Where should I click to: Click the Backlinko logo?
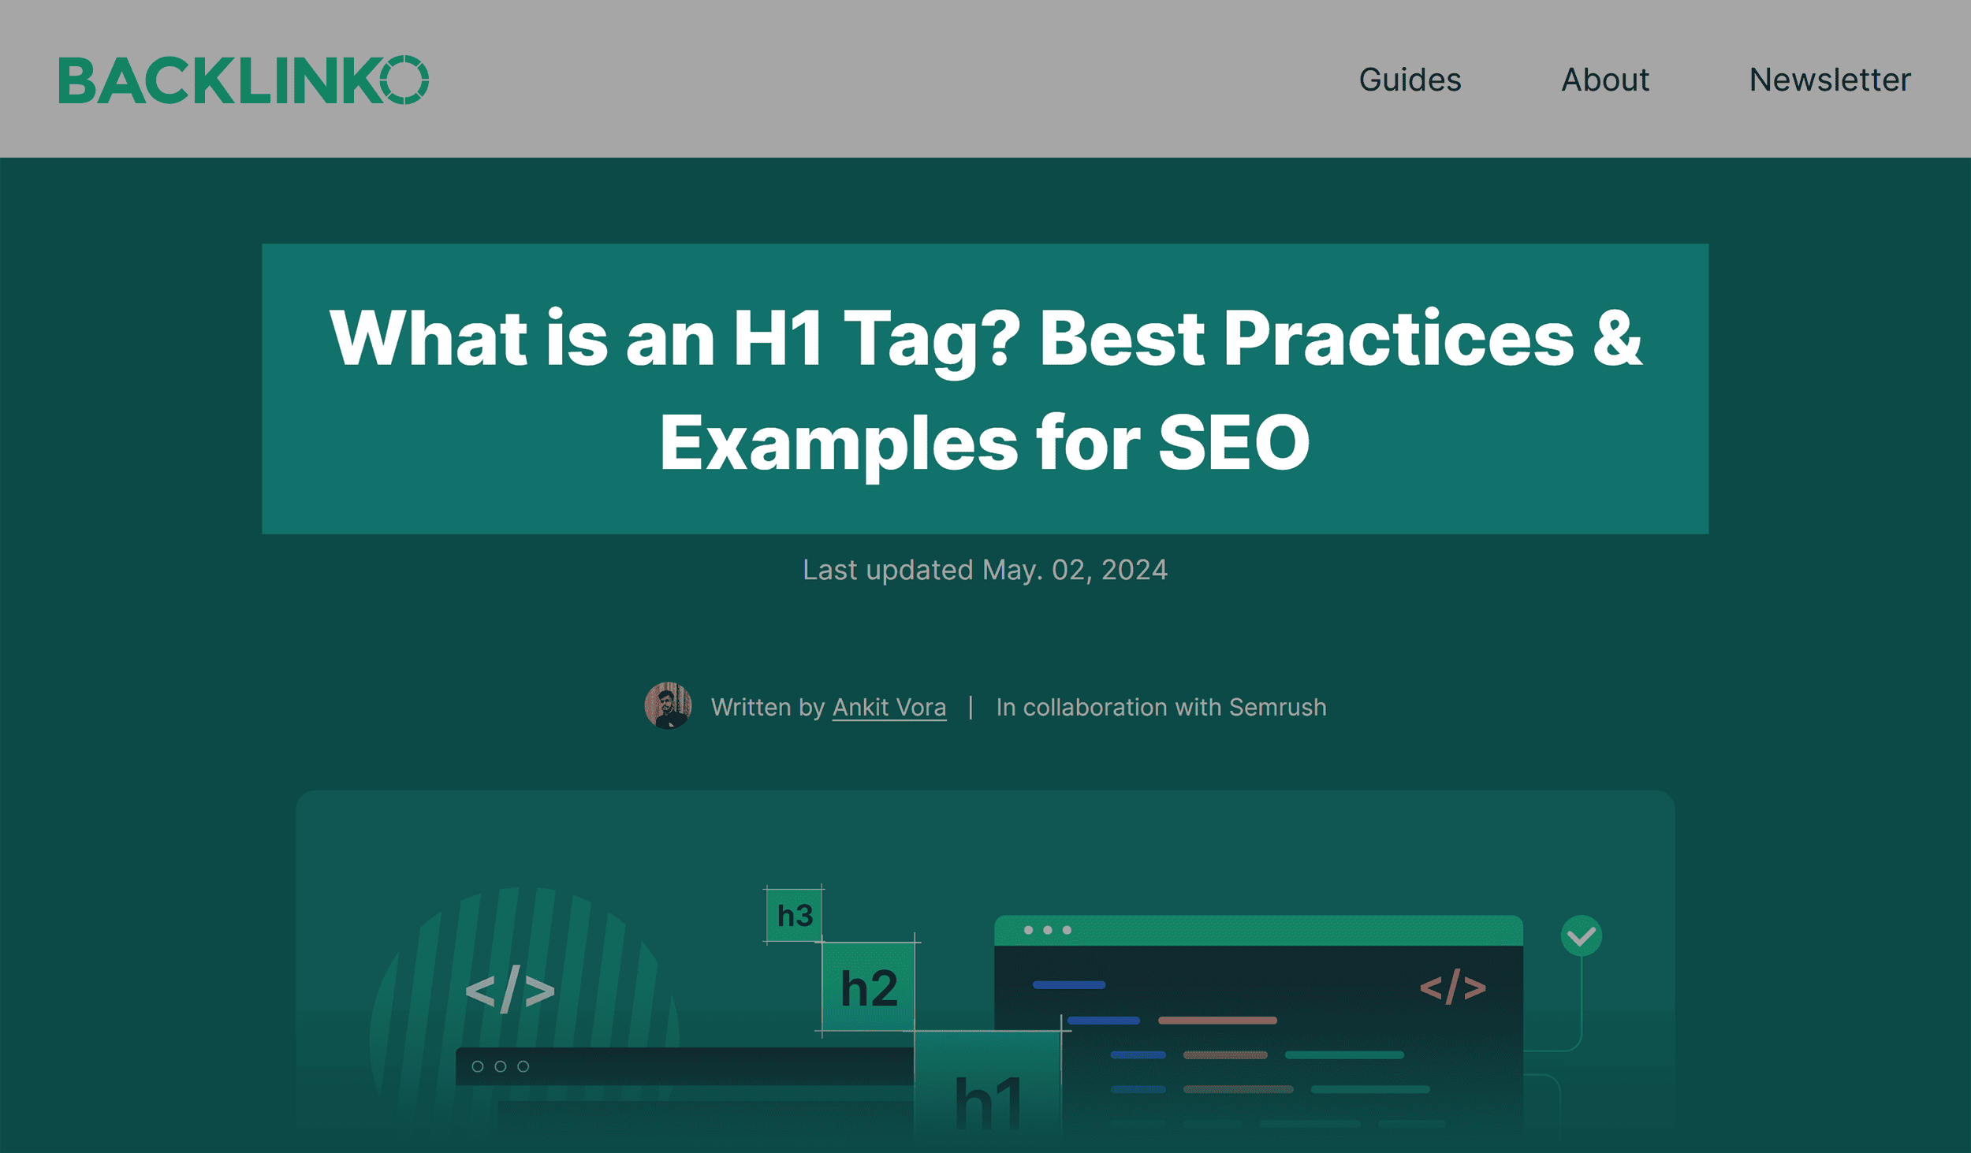click(244, 80)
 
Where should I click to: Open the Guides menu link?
click(1410, 80)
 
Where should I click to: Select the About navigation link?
click(1605, 80)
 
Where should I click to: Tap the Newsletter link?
click(1830, 80)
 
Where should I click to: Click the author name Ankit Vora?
click(889, 707)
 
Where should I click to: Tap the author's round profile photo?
click(668, 705)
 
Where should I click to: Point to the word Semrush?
click(1277, 707)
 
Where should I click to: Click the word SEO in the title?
click(1234, 443)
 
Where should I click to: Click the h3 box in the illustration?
click(794, 915)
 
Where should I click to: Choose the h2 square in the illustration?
click(869, 987)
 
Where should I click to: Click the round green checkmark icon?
click(1581, 936)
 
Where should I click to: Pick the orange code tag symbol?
click(1452, 987)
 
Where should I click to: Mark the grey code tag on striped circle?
click(510, 990)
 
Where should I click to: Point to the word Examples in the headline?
click(839, 443)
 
